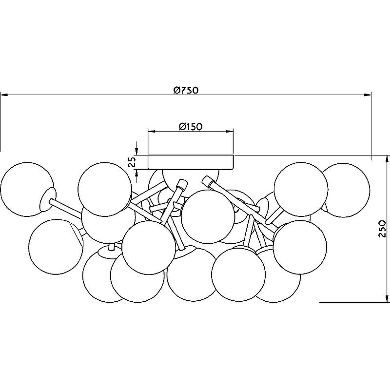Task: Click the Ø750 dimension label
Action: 186,90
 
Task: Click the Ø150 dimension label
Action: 191,127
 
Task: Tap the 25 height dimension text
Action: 133,162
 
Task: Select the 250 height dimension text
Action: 382,229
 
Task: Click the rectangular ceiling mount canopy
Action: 191,162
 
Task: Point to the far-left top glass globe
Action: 27,189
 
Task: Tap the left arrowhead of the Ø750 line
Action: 4,95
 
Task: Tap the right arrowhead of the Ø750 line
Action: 368,95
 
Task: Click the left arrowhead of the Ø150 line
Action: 152,131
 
